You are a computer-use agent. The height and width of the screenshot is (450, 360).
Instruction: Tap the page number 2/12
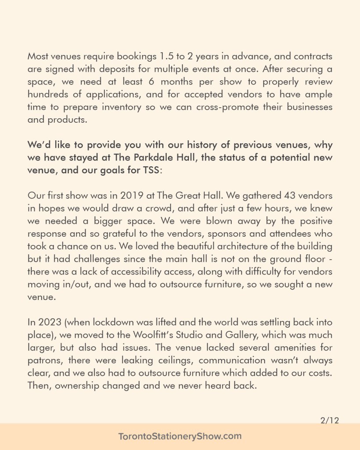pos(329,421)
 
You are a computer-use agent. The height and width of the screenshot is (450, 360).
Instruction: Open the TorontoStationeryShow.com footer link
pos(180,436)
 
